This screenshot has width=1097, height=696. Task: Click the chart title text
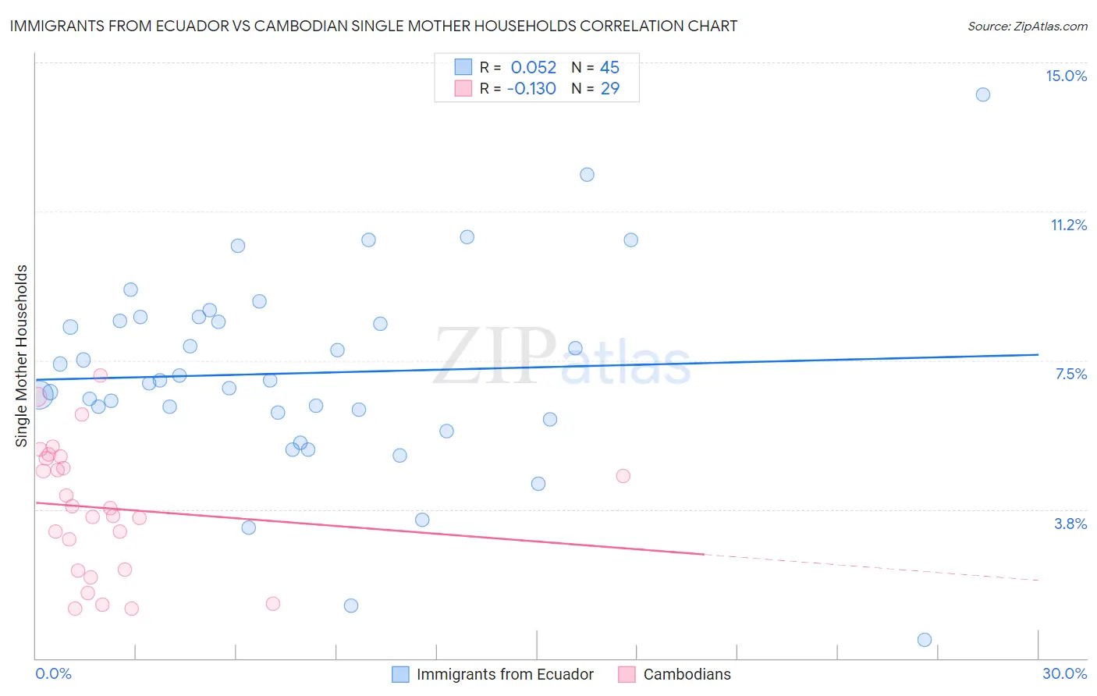374,26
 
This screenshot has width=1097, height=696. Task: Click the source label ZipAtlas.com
1027,26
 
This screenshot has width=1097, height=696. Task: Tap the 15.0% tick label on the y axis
1066,76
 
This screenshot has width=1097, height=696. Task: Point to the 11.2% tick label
1068,225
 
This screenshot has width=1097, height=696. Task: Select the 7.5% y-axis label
1070,374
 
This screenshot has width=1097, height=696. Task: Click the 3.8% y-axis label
1070,524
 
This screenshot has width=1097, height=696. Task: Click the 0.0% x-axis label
53,673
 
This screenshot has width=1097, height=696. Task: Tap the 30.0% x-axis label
1064,673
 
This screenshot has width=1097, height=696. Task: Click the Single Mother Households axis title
22,356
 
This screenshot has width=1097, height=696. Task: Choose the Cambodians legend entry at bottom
686,674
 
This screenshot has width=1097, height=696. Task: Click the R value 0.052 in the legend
534,68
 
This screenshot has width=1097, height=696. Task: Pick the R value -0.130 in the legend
531,89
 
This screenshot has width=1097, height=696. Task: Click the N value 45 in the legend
609,68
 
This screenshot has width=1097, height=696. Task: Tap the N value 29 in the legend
609,89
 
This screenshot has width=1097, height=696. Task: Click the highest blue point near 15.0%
983,94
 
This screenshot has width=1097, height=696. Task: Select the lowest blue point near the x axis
925,640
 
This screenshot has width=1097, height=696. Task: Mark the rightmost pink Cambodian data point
623,476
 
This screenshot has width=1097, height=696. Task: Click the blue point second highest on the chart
587,175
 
